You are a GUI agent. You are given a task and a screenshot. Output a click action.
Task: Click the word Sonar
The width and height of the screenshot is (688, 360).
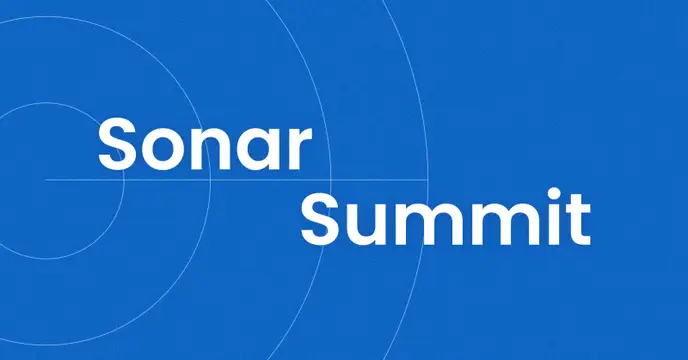[205, 143]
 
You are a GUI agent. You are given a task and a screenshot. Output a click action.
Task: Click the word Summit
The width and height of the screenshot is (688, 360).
[445, 216]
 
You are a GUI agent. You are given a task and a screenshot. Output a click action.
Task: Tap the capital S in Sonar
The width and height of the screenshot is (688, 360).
[116, 143]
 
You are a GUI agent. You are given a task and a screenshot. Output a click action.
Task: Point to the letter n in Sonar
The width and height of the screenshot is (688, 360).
[210, 148]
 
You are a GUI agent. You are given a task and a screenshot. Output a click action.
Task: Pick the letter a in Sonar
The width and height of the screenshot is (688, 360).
[257, 149]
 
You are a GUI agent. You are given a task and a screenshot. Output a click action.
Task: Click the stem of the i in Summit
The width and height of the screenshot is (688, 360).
[555, 224]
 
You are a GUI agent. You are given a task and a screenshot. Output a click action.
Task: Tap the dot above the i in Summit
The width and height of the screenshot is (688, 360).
[555, 194]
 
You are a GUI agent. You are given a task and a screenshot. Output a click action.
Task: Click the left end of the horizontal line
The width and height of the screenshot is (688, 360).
[46, 180]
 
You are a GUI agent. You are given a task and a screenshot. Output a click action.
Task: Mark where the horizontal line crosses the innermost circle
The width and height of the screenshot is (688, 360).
[124, 180]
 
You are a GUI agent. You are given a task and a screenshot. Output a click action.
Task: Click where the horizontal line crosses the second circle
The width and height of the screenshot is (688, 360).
[211, 180]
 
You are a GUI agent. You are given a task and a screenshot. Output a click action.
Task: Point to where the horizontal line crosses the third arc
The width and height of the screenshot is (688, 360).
[330, 180]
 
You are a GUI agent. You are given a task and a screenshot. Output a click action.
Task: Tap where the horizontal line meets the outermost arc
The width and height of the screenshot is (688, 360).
[428, 180]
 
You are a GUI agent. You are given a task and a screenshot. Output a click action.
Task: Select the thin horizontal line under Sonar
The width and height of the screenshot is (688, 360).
[237, 180]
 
